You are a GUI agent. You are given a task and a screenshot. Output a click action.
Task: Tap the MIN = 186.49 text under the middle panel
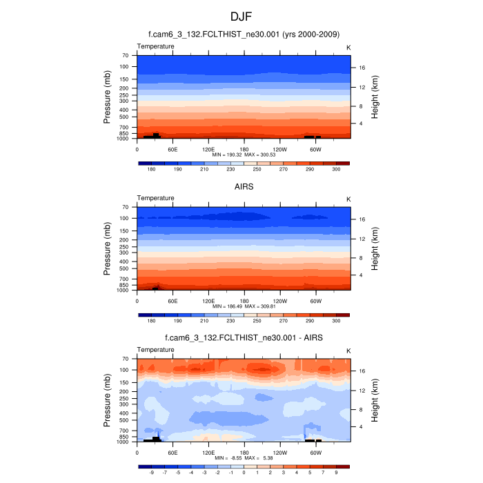point(228,306)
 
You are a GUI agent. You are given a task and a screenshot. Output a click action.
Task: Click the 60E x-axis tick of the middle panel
point(172,301)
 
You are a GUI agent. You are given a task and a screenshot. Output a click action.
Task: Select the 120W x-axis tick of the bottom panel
point(279,453)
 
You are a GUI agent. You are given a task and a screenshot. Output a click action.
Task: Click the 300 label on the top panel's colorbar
point(336,169)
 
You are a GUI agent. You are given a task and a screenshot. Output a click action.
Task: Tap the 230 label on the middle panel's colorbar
point(230,321)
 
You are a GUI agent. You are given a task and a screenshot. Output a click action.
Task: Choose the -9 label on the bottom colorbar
point(151,473)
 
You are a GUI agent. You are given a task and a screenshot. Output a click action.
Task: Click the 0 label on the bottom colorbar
point(244,473)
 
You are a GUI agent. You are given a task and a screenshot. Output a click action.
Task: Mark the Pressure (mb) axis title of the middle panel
point(108,248)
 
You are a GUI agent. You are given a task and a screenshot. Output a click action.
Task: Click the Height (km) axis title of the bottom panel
point(375,400)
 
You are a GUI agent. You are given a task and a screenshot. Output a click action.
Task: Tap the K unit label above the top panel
point(348,46)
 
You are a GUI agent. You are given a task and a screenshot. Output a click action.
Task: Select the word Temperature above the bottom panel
point(155,350)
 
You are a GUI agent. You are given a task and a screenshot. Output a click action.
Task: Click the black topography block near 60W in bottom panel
point(313,440)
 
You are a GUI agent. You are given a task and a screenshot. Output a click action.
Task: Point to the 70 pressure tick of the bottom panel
point(126,359)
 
